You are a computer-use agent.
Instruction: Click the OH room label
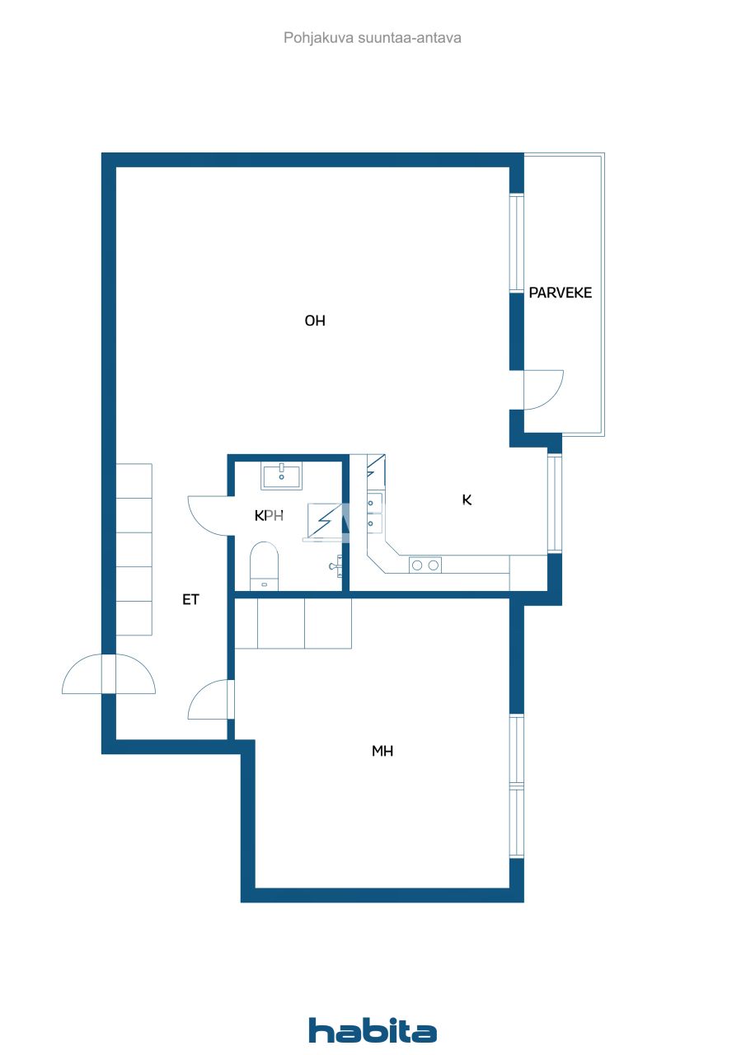point(315,321)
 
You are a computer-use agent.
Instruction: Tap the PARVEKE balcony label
point(561,293)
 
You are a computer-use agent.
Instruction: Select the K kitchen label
point(467,499)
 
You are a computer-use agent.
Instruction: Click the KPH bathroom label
point(270,516)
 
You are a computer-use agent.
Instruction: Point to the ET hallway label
point(190,600)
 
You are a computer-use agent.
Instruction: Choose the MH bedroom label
point(382,751)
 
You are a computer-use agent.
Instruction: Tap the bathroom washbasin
point(281,476)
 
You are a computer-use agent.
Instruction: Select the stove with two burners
point(425,565)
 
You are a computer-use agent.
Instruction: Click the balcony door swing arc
point(544,390)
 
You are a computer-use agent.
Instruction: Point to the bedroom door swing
point(209,699)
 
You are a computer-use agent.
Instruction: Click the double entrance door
point(108,673)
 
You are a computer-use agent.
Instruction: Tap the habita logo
point(373,1030)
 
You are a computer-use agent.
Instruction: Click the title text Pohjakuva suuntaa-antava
point(373,38)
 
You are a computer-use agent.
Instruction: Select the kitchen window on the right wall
point(555,503)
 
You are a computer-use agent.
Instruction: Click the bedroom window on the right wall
point(517,785)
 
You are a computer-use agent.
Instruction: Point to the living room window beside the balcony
point(517,243)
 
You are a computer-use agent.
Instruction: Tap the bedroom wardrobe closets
point(293,624)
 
